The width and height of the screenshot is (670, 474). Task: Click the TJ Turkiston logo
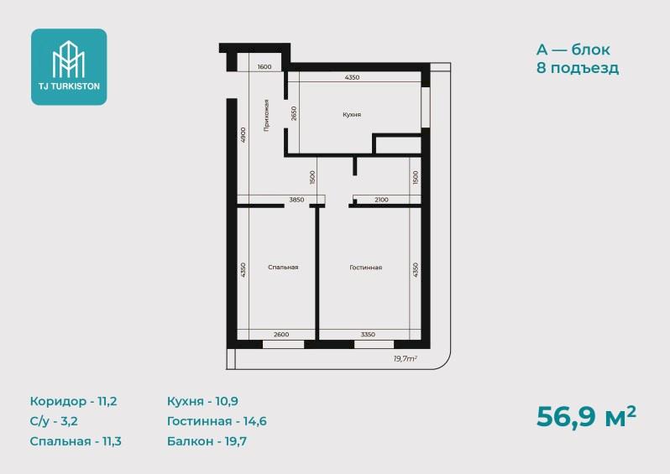coord(69,67)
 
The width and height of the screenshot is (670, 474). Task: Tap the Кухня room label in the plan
coord(352,114)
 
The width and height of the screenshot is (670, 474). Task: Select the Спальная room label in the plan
coord(283,268)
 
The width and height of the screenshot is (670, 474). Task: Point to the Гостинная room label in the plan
coord(366,268)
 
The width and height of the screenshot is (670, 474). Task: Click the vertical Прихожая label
coord(267,115)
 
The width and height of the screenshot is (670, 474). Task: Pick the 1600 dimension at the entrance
coord(264,66)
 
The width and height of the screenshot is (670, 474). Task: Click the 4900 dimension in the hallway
coord(243,134)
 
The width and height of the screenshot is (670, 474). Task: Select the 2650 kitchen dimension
coord(294,113)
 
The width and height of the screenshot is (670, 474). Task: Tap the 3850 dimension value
coord(296,200)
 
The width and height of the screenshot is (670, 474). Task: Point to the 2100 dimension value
coord(381,200)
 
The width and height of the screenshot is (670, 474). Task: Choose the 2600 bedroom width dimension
coord(281,335)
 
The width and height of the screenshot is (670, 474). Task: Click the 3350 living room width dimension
coord(368,335)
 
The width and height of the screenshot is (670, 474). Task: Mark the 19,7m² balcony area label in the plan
coord(405,359)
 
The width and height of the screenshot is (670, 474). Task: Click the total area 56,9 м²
coord(586,416)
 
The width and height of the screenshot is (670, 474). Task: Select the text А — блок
coord(573,49)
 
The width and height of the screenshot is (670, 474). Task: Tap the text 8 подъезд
coord(578,68)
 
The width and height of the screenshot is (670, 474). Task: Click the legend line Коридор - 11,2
coord(74,401)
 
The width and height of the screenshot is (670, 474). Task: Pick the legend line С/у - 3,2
coord(54,421)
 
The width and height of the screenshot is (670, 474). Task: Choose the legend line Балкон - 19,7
coord(207,440)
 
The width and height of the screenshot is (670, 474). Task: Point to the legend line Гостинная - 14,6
coord(217,421)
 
